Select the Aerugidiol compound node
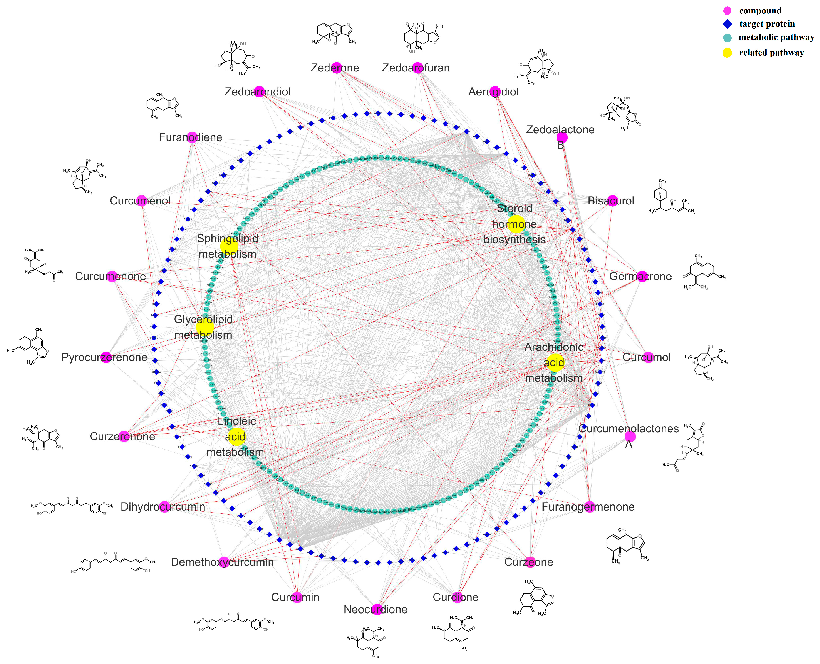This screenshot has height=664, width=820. pos(495,91)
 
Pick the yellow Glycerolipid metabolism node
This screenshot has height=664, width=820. pos(205,327)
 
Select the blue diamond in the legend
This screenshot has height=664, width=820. pos(727,24)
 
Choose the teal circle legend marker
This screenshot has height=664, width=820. pos(727,38)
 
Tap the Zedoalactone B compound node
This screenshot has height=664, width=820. pos(562,137)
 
